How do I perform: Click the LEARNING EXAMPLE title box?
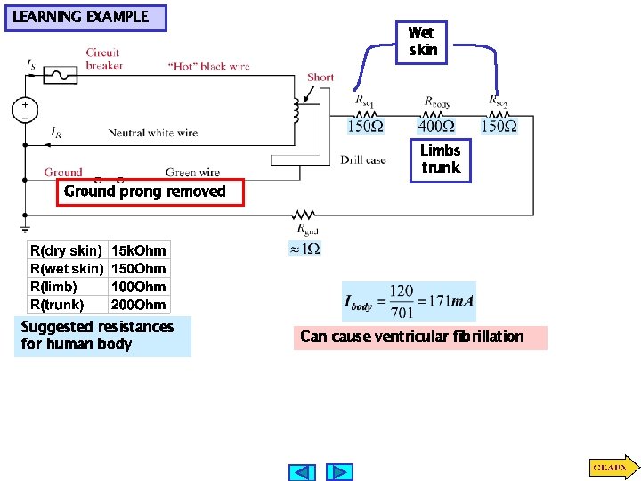coord(85,18)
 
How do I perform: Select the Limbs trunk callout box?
coord(440,160)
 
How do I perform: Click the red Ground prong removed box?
coord(149,192)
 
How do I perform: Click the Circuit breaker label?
coord(103,59)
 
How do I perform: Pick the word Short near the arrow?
coord(320,77)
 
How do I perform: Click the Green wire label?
coord(192,172)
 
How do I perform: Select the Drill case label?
coord(363,159)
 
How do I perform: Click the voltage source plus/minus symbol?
coord(24,110)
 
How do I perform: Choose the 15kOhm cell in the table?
coord(138,251)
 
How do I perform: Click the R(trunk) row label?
coord(58,305)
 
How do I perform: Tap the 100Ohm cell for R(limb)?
coord(138,287)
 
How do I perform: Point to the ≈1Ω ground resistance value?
coord(304,249)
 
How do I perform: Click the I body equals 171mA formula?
coord(409,302)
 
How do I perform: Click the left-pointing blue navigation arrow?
coord(303,471)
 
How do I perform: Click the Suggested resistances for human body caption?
coord(97,336)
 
